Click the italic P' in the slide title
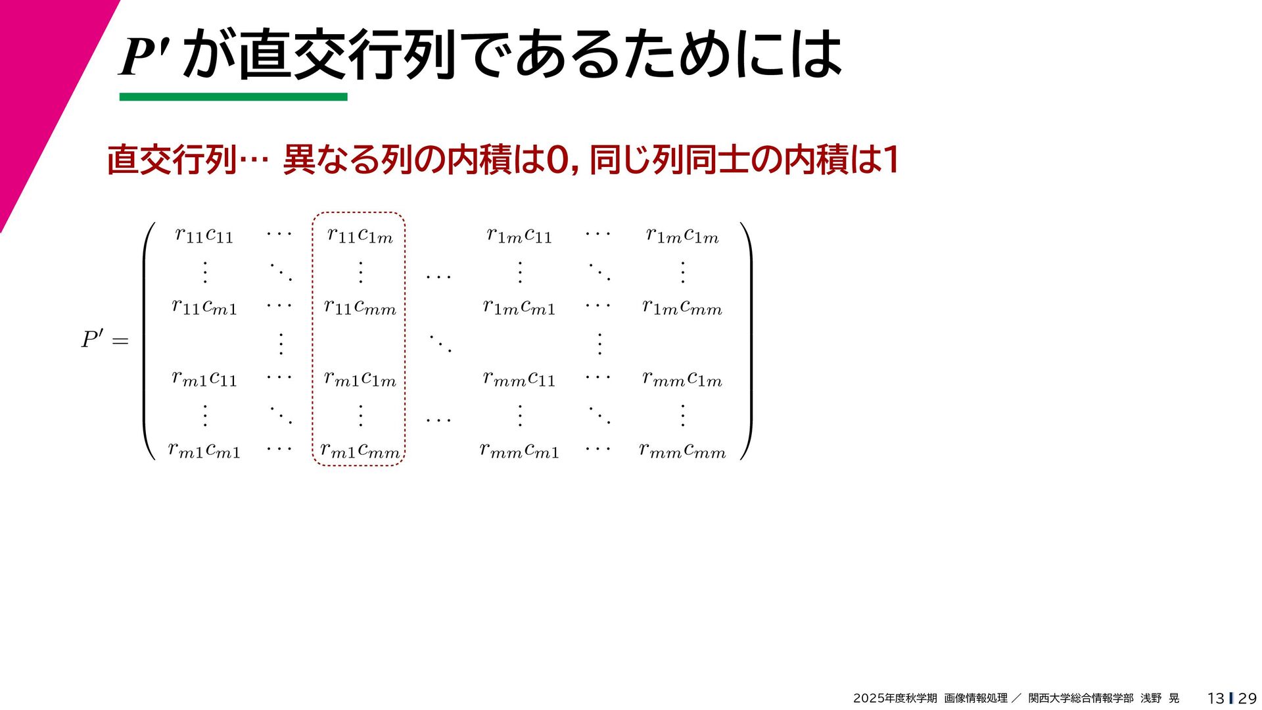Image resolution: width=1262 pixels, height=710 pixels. (x=145, y=56)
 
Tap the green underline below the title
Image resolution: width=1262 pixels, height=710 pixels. (x=233, y=97)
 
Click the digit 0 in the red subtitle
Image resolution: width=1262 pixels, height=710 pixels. (x=558, y=160)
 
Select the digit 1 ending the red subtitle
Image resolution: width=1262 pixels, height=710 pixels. (x=891, y=160)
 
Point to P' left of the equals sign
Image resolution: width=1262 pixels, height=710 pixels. (x=92, y=340)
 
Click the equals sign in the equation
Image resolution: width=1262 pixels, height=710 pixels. (x=120, y=341)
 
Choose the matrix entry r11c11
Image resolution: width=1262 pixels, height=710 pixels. (x=204, y=235)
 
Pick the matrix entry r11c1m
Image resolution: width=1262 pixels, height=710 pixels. (x=360, y=235)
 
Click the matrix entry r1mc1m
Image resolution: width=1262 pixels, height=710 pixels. (x=682, y=235)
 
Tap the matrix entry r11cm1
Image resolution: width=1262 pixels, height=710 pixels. (x=204, y=306)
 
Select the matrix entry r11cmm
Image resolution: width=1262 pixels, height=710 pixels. (x=360, y=306)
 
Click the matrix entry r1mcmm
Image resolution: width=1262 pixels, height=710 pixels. (x=682, y=306)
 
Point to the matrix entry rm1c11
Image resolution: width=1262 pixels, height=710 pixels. (x=204, y=378)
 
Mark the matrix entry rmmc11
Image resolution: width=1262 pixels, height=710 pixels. (x=519, y=378)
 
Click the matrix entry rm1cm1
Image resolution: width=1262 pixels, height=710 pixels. (x=204, y=450)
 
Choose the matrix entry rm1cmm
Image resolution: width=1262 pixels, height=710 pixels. (x=360, y=450)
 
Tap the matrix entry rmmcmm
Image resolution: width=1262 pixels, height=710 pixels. (x=682, y=450)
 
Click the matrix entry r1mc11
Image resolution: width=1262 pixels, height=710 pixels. (x=519, y=235)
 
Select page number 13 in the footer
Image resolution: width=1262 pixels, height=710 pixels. (x=1215, y=698)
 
